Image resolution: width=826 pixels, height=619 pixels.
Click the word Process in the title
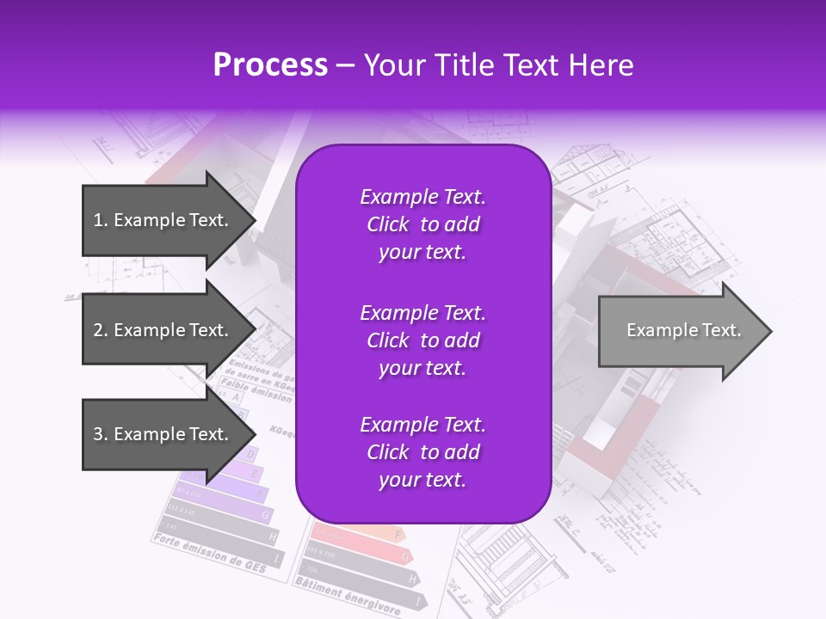tap(270, 65)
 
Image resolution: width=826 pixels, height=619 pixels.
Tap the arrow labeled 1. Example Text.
tap(163, 220)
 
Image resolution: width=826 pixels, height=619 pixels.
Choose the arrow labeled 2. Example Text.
tap(163, 330)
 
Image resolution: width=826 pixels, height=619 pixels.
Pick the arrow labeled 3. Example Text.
tap(163, 434)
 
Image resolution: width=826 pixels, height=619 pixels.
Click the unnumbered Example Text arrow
tap(680, 331)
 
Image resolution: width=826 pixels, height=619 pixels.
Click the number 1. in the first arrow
tap(101, 220)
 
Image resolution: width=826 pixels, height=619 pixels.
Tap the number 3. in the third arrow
tap(101, 434)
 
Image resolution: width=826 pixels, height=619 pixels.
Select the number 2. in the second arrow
tap(101, 330)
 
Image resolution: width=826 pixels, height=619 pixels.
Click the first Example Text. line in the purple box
tap(422, 197)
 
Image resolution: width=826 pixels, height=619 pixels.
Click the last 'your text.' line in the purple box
tap(422, 480)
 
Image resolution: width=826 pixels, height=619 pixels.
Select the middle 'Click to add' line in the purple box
tap(422, 340)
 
